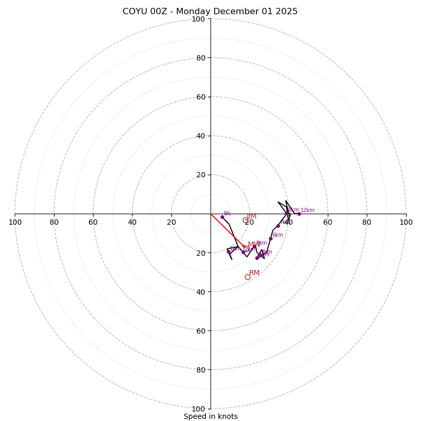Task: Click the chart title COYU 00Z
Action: pyautogui.click(x=210, y=12)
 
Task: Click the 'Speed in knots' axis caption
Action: pyautogui.click(x=210, y=416)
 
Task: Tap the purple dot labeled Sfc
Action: pyautogui.click(x=222, y=217)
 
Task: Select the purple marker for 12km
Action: pyautogui.click(x=299, y=214)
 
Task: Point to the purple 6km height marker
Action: pyautogui.click(x=270, y=238)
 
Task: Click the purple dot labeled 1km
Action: pyautogui.click(x=228, y=252)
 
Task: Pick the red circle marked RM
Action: pyautogui.click(x=247, y=277)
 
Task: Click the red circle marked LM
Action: pyautogui.click(x=245, y=220)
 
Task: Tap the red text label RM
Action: pyautogui.click(x=254, y=273)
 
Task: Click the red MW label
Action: pyautogui.click(x=254, y=244)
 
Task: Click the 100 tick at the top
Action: pyautogui.click(x=198, y=19)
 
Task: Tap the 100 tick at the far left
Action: pyautogui.click(x=15, y=222)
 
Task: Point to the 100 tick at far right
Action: pyautogui.click(x=406, y=222)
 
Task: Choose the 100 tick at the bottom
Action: pyautogui.click(x=198, y=408)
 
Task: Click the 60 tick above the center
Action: pyautogui.click(x=201, y=97)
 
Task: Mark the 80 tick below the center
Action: pyautogui.click(x=201, y=369)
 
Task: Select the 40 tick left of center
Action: pyautogui.click(x=132, y=222)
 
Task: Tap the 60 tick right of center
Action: pyautogui.click(x=327, y=222)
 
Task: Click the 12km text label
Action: pyautogui.click(x=307, y=210)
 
